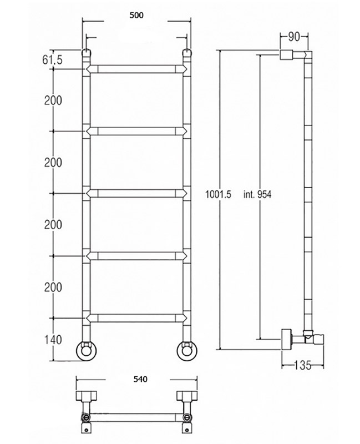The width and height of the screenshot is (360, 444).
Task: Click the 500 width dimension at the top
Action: [x=136, y=16]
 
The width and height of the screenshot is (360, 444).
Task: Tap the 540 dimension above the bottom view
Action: [x=140, y=379]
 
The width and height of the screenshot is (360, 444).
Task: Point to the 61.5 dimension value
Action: [x=52, y=60]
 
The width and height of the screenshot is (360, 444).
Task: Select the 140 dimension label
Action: [x=53, y=340]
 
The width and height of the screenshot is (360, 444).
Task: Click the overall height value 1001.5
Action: [x=218, y=194]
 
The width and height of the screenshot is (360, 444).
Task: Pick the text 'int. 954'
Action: [x=257, y=194]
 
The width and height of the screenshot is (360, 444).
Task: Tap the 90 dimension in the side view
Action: [x=294, y=37]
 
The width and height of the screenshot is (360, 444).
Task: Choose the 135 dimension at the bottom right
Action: [x=302, y=365]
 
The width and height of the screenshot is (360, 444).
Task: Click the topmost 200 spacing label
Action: [x=53, y=100]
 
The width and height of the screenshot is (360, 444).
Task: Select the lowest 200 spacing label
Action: [x=53, y=287]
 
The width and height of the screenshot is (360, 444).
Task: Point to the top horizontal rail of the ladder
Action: [x=136, y=69]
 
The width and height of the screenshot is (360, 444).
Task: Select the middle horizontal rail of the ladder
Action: [x=136, y=193]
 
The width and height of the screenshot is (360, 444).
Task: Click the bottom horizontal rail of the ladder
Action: [x=136, y=318]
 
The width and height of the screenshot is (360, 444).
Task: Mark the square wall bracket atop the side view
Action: [x=286, y=54]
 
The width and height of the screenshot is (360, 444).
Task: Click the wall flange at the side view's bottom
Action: [x=286, y=339]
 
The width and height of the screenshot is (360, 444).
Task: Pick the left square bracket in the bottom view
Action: [x=87, y=396]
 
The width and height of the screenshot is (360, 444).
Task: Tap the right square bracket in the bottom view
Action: [x=187, y=396]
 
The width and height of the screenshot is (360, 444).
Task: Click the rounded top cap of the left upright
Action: [x=87, y=53]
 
